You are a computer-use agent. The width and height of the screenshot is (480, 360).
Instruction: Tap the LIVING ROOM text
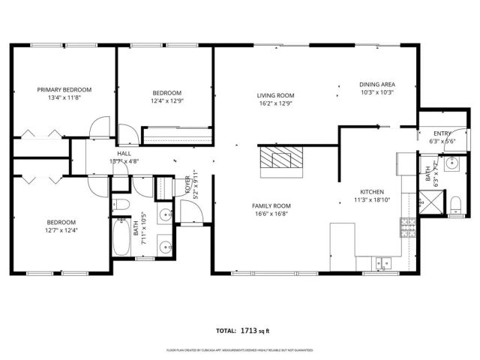pos(275,95)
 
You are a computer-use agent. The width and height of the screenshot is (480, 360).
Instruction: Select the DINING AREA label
pos(376,85)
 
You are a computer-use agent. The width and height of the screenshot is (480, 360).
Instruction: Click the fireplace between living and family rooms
pos(283,160)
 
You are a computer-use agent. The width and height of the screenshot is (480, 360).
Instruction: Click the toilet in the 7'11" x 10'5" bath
pos(122,204)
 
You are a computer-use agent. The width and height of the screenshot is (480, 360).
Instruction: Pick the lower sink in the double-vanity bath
pos(164,243)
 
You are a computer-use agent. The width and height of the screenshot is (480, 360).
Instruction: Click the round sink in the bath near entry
pos(453,164)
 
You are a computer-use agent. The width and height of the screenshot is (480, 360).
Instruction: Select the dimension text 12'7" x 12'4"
pos(61,230)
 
